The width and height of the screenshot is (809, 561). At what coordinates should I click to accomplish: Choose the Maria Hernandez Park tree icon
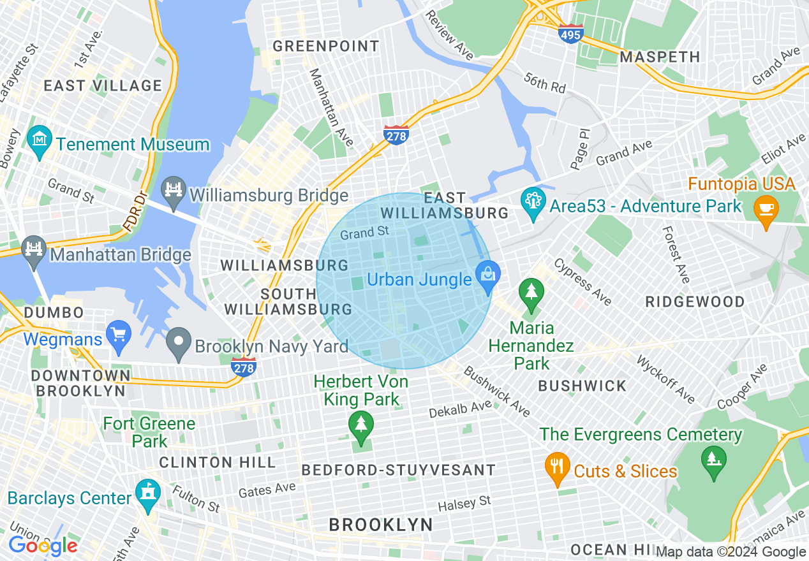531,293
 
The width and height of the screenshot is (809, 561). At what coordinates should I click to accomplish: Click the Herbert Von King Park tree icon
361,423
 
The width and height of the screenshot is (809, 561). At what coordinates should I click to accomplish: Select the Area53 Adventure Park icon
533,200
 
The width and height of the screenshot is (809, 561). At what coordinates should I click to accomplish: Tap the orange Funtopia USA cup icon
765,208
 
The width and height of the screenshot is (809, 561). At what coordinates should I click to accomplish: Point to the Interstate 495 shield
570,34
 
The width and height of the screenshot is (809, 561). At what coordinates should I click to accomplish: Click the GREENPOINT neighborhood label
326,47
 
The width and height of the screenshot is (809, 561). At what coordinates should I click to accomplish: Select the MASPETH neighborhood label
660,57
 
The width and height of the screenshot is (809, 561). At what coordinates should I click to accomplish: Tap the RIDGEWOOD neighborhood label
695,302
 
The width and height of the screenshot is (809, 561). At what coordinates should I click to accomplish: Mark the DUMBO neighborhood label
54,313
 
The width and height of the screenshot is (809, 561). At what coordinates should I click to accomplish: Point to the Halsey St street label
464,504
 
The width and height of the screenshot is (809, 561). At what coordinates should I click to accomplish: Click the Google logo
43,546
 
